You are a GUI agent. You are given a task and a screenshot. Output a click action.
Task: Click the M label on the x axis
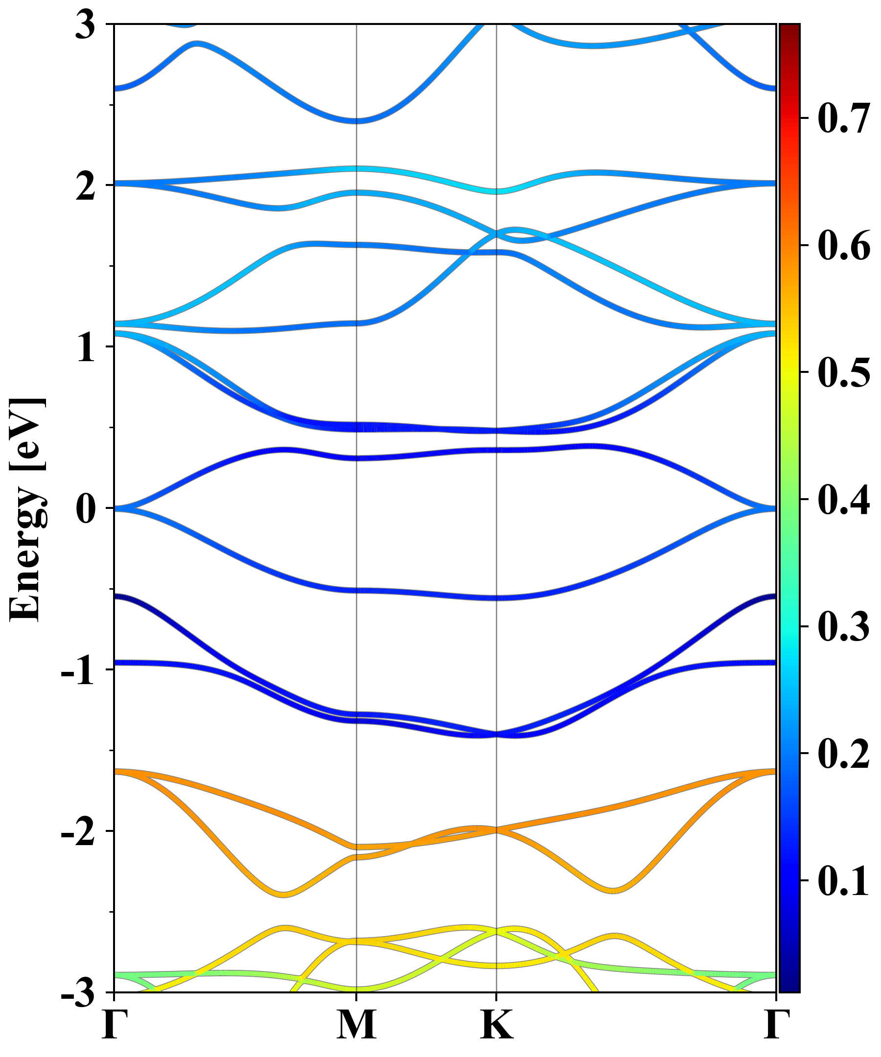pos(356,1024)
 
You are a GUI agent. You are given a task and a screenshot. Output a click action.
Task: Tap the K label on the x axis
pos(497,1024)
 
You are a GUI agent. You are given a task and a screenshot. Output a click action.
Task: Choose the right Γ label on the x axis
pos(776,1024)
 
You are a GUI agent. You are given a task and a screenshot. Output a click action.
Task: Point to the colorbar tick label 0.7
pos(844,119)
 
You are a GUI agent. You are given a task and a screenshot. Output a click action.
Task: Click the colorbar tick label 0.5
pos(844,372)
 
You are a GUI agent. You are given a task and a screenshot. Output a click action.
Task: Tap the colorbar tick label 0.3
pos(844,627)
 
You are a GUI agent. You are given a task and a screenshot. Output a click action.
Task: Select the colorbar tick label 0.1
pos(844,881)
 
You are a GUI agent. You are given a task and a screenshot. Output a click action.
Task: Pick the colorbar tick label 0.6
pos(844,246)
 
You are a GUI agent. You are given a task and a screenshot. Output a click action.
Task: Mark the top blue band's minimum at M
pos(356,121)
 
